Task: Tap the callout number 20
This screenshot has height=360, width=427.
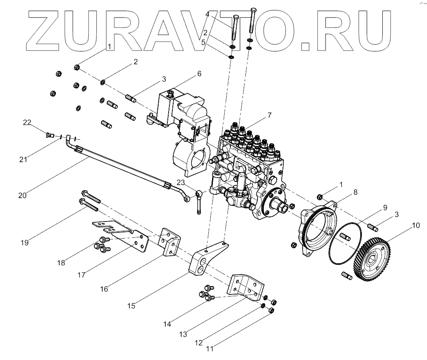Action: click(23, 195)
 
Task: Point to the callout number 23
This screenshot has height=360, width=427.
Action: click(180, 182)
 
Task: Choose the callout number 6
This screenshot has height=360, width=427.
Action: click(199, 73)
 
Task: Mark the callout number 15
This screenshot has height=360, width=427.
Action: click(131, 306)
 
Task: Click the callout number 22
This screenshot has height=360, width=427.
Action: click(27, 122)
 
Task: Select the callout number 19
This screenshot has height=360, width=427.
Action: click(25, 242)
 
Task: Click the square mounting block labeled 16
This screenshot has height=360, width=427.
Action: click(170, 243)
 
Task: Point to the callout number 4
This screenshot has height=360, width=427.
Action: click(207, 14)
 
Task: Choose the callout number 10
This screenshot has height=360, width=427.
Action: click(415, 226)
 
